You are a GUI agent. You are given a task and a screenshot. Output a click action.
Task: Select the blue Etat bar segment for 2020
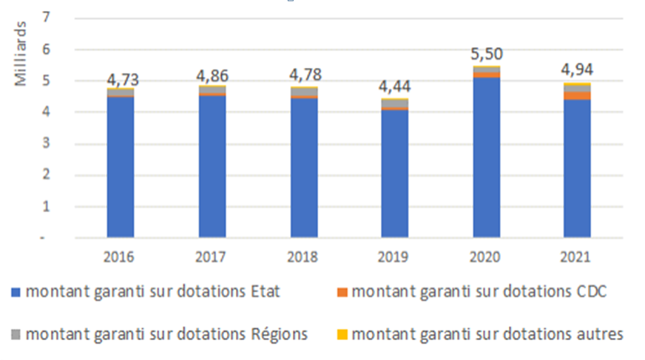(x=487, y=159)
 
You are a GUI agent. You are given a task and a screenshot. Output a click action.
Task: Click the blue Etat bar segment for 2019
(x=396, y=174)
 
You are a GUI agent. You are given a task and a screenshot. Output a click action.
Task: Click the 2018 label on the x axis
(x=304, y=257)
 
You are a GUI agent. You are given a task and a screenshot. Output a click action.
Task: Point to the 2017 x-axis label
(x=212, y=257)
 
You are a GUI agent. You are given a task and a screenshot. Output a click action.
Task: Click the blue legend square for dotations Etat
(x=17, y=292)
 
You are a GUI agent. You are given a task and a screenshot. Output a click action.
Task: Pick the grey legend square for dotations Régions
(x=17, y=334)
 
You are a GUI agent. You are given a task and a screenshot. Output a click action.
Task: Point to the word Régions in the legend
(x=281, y=334)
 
